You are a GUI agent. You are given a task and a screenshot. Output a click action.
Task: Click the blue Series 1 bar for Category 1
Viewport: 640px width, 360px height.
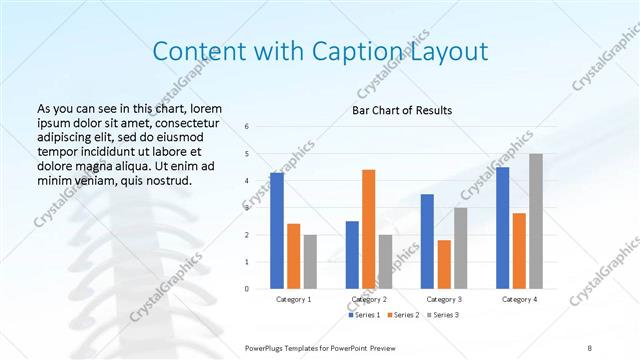[277, 231]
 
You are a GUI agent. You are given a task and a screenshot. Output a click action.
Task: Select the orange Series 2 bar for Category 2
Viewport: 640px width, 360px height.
[368, 229]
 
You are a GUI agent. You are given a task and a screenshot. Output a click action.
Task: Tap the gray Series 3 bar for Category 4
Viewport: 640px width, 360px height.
[536, 221]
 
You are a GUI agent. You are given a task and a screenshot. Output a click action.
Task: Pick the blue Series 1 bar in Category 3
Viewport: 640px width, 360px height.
[427, 241]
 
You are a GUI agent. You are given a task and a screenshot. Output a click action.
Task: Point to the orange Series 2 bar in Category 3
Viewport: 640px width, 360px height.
[444, 264]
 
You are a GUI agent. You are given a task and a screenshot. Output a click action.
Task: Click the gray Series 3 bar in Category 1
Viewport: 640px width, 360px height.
[310, 261]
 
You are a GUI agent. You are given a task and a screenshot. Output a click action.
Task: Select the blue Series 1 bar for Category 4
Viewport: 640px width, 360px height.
[503, 228]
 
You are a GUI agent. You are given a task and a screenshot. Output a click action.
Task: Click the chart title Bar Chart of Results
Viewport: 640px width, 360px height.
[403, 110]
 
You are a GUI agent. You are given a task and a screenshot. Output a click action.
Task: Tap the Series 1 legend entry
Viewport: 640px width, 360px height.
[366, 315]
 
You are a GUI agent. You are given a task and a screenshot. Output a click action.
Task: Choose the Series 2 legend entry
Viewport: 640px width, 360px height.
[403, 315]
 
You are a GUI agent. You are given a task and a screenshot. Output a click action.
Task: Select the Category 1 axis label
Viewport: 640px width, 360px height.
[294, 299]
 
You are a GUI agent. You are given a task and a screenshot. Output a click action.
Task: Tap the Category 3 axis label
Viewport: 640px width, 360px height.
[444, 299]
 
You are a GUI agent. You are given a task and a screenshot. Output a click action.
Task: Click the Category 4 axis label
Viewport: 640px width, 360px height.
[519, 299]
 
